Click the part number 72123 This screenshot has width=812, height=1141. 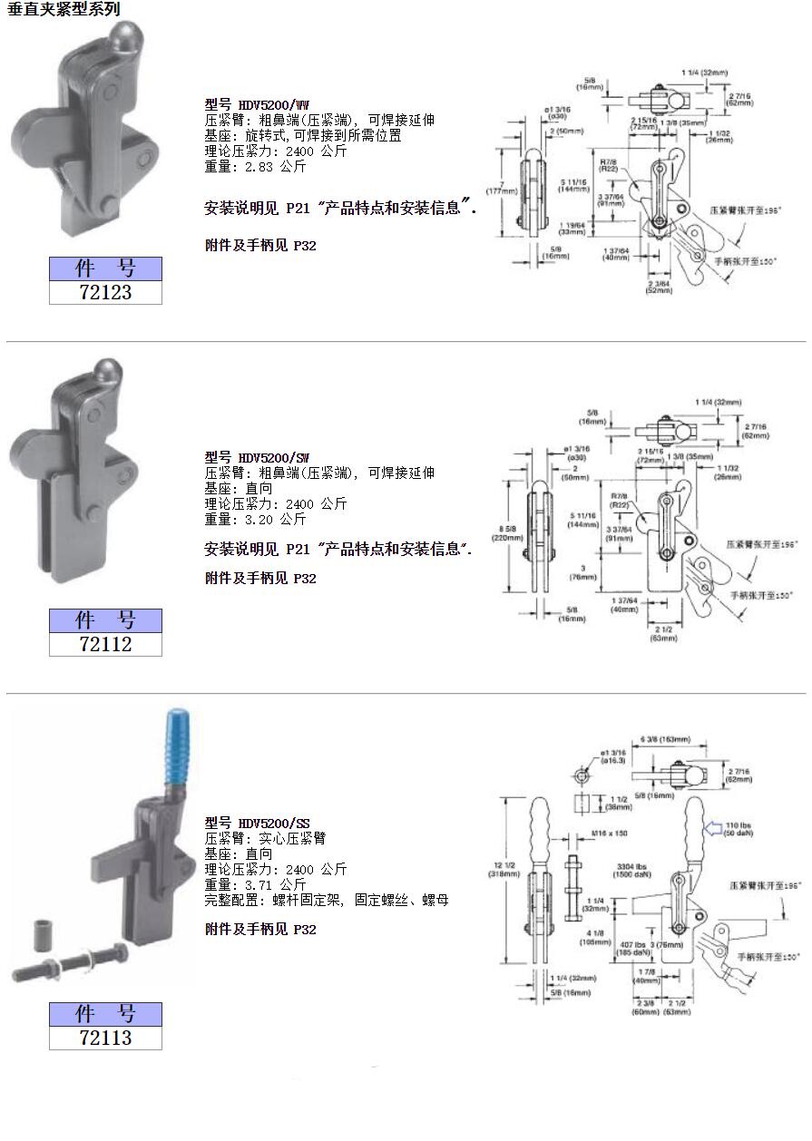tap(105, 292)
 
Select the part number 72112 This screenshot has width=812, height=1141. tap(105, 644)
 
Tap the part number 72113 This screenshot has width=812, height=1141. tap(105, 1038)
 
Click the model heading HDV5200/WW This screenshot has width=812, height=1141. tap(258, 104)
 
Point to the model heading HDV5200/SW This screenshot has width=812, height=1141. tap(258, 457)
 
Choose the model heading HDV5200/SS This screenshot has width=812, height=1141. tap(258, 823)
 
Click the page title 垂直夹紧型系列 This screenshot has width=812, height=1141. tap(64, 9)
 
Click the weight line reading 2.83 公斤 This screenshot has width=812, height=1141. tap(256, 167)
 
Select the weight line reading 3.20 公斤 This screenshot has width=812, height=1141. tap(256, 520)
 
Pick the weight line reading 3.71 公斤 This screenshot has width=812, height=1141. tap(256, 884)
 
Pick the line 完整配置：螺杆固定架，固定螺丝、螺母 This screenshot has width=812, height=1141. tap(327, 900)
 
